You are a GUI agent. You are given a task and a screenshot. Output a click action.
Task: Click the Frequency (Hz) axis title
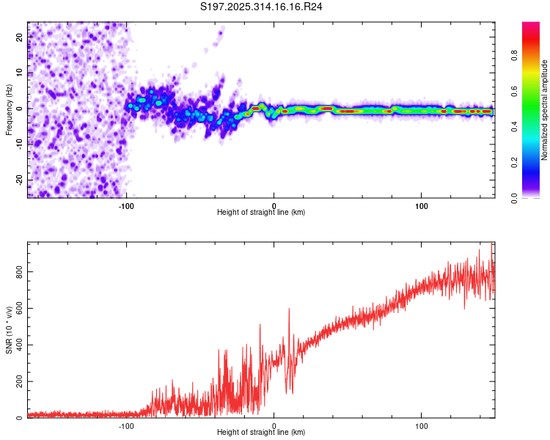pyautogui.click(x=9, y=109)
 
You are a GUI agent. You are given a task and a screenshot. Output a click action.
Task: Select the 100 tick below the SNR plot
pyautogui.click(x=422, y=426)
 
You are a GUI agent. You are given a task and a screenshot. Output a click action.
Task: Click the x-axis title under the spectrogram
pyautogui.click(x=261, y=213)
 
